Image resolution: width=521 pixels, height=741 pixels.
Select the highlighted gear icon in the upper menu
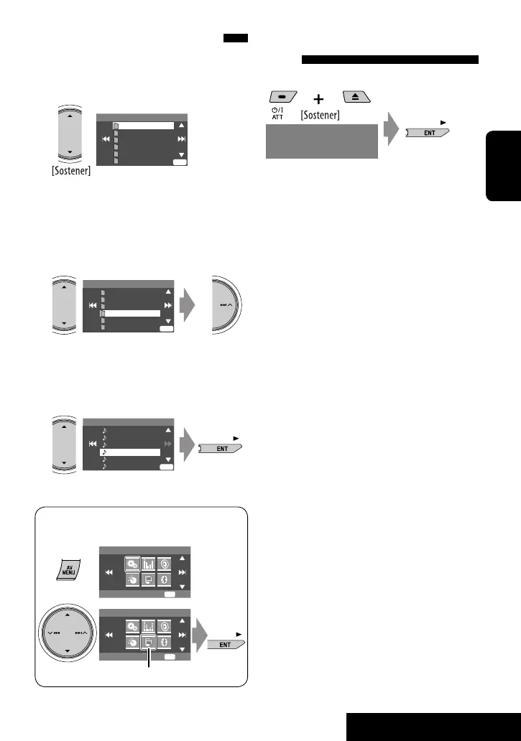(x=133, y=564)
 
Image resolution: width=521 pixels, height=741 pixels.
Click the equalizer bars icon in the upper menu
(x=148, y=564)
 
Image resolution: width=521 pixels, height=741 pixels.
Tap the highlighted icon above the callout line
(x=148, y=641)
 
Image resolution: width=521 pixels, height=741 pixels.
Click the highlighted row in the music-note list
(x=129, y=452)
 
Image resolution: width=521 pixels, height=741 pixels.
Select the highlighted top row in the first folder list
(x=144, y=125)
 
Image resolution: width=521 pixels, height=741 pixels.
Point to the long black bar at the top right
(x=389, y=60)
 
